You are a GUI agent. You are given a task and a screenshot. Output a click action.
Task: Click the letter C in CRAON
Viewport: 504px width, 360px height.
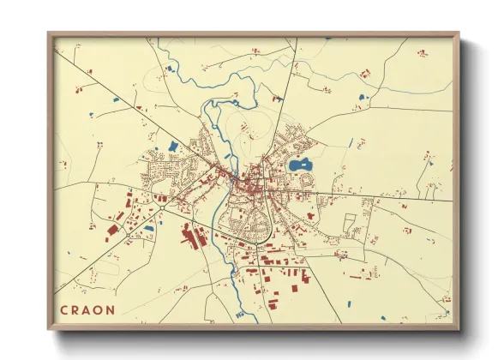pos(64,309)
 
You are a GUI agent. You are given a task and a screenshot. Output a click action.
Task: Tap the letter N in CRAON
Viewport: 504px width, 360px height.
pos(112,309)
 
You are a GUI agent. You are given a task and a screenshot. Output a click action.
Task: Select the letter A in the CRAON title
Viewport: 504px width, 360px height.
pos(88,309)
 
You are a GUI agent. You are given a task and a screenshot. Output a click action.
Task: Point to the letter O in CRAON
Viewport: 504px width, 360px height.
pos(100,309)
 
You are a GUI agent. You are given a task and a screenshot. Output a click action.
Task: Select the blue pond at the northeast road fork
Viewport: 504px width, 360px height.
pos(360,97)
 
